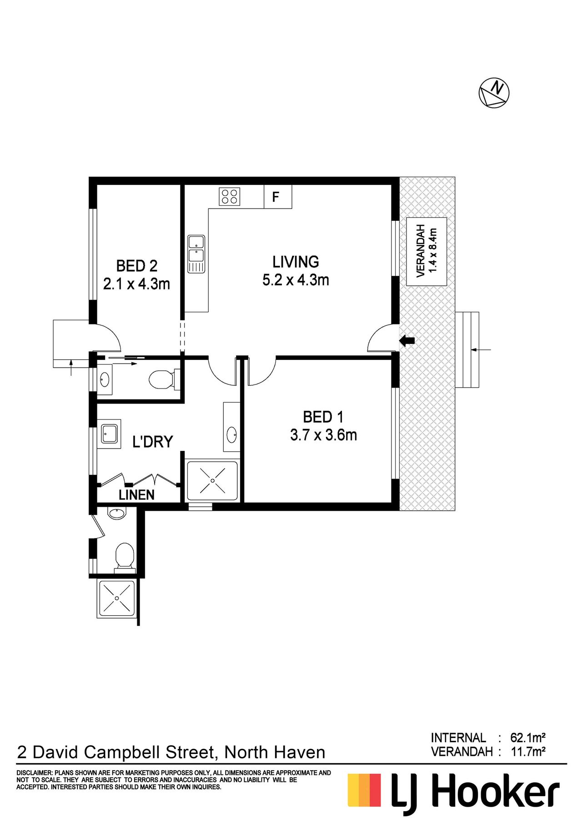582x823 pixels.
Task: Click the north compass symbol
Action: (494, 93)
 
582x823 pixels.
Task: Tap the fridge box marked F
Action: (278, 197)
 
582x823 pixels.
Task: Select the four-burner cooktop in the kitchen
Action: (230, 197)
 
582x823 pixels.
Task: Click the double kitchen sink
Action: (196, 254)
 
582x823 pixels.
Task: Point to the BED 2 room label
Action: (137, 265)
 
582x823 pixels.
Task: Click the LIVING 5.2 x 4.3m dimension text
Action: (296, 280)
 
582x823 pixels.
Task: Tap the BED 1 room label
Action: (323, 417)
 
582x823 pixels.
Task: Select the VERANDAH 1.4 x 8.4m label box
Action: (426, 251)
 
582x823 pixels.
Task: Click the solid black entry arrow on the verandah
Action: (407, 340)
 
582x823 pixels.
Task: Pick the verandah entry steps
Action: (467, 349)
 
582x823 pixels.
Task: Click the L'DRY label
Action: (153, 442)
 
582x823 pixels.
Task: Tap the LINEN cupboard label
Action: (136, 495)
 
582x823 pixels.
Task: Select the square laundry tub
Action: (110, 434)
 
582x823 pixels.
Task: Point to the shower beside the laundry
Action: (212, 481)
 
